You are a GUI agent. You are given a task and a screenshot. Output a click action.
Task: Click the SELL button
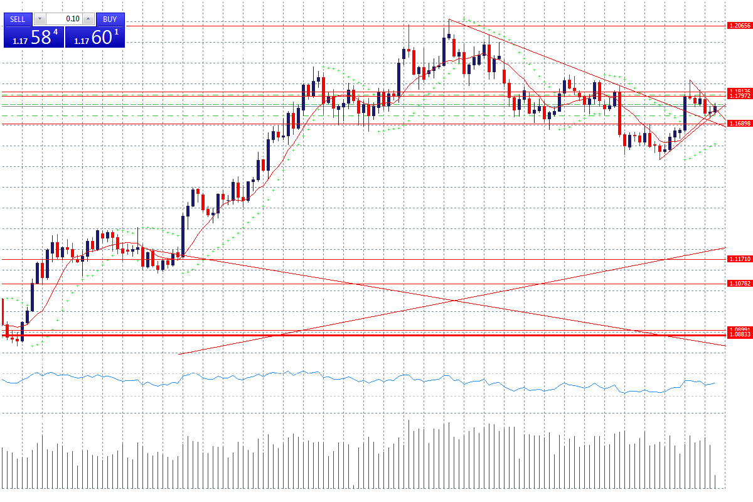(x=18, y=19)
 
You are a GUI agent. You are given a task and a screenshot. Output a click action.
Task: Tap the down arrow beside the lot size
(x=40, y=19)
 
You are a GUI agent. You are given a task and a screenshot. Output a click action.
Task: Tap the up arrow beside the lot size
(x=88, y=19)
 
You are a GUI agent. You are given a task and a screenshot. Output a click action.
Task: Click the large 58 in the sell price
(x=41, y=37)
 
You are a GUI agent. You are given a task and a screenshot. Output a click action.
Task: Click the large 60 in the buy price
(x=102, y=37)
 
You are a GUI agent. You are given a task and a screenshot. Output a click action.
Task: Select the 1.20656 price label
(x=739, y=25)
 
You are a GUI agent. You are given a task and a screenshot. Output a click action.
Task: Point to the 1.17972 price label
(x=739, y=97)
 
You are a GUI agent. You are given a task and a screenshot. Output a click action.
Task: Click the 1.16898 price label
(x=739, y=124)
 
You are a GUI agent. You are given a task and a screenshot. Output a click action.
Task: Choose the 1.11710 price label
(x=739, y=259)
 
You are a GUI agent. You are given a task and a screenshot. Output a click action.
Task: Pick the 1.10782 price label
(x=739, y=284)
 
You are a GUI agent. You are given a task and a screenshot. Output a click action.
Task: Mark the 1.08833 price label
(x=739, y=335)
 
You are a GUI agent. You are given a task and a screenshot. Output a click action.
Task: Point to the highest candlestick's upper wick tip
(x=449, y=19)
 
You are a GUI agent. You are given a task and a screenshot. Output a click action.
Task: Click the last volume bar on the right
(x=715, y=481)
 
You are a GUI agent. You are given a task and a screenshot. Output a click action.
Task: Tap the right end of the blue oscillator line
(x=715, y=382)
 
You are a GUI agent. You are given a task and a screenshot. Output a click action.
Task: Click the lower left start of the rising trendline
(x=179, y=355)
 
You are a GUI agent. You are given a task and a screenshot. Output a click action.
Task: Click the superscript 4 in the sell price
(x=56, y=31)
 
